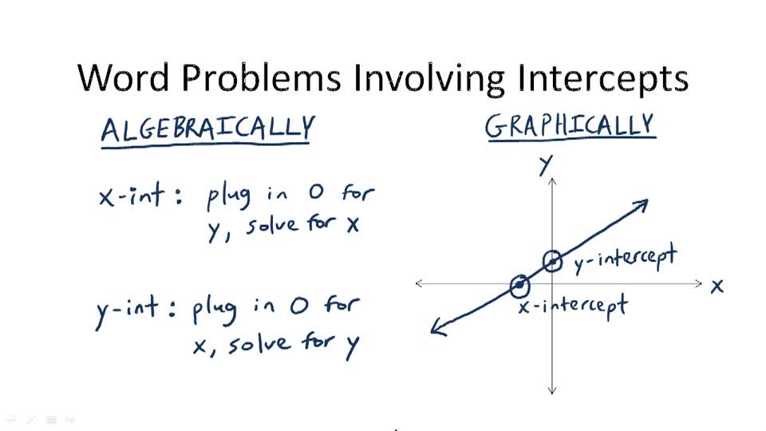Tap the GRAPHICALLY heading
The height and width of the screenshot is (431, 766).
click(x=570, y=126)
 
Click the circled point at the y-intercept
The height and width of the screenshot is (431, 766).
click(x=552, y=261)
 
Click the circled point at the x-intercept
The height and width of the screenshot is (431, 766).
click(x=519, y=284)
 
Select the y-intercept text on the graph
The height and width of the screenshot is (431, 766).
click(x=625, y=259)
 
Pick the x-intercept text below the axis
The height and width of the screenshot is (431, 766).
click(x=572, y=305)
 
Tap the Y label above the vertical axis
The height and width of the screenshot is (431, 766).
click(x=546, y=164)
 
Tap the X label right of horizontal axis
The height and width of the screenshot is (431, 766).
click(x=717, y=286)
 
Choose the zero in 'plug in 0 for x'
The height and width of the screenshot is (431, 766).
click(x=298, y=307)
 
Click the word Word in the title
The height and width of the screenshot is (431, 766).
click(x=125, y=78)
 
